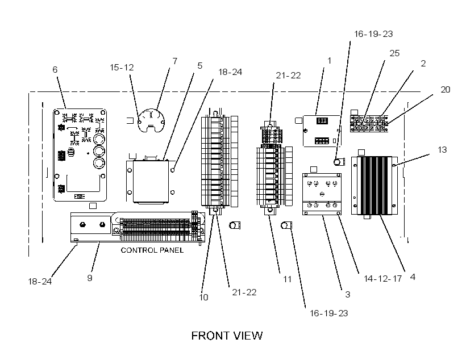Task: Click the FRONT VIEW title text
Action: coord(227,336)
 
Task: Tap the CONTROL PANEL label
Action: coord(152,250)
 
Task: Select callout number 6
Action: coord(55,69)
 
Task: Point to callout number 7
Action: coord(175,61)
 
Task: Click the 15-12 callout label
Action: coord(122,68)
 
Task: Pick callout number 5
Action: coord(199,66)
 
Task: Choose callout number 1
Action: coord(329,61)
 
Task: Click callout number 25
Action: coord(394,53)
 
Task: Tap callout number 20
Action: coord(445,89)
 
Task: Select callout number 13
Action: coord(442,150)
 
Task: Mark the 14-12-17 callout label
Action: coord(383,279)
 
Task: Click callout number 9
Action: coord(89,278)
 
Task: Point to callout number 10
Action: coord(203,297)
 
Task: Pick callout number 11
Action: coord(287,279)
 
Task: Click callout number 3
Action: coord(347,294)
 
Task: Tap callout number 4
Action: coord(413,277)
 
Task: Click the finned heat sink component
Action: coord(375,186)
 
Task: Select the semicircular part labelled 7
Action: coord(151,120)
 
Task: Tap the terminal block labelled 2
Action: coord(369,123)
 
